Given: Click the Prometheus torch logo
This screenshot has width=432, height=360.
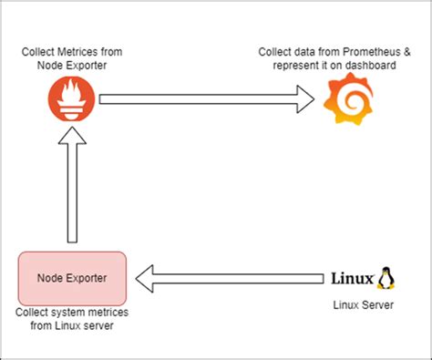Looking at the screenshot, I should [x=70, y=99].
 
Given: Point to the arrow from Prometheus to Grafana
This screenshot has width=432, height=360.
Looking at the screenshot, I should [x=201, y=99].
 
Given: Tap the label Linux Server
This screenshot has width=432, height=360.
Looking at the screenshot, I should [x=362, y=305].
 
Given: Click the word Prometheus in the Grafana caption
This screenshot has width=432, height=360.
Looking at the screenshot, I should [x=363, y=52].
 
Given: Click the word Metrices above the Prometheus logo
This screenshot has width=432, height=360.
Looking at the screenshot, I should [x=80, y=52].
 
